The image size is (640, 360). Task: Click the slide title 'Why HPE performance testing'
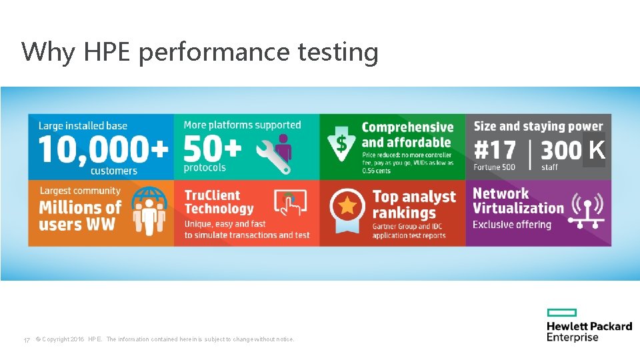pyautogui.click(x=199, y=51)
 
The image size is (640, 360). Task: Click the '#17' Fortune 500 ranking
pyautogui.click(x=495, y=150)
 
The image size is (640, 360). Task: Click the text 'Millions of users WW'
pyautogui.click(x=80, y=215)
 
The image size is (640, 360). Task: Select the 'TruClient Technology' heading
pyautogui.click(x=219, y=202)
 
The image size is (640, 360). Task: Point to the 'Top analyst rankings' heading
pyautogui.click(x=413, y=205)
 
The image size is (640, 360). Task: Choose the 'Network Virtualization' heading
pyautogui.click(x=518, y=201)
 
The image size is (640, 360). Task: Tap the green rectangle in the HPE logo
pyautogui.click(x=561, y=313)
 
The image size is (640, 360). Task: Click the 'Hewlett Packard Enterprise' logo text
pyautogui.click(x=589, y=331)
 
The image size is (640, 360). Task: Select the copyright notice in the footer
pyautogui.click(x=164, y=339)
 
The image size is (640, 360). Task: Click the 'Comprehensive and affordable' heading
pyautogui.click(x=407, y=135)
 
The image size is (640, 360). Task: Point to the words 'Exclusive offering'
pyautogui.click(x=512, y=225)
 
